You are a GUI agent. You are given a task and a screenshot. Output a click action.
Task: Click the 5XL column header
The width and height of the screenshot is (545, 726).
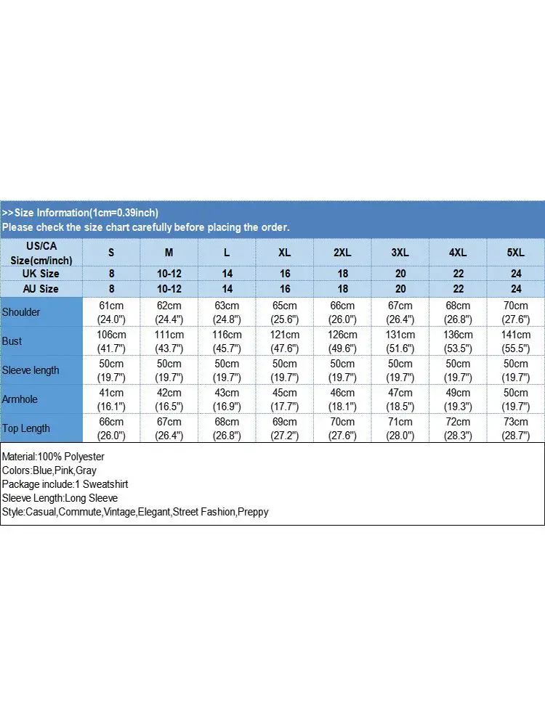click(x=515, y=253)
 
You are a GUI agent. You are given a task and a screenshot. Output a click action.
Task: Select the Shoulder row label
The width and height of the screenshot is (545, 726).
click(x=22, y=312)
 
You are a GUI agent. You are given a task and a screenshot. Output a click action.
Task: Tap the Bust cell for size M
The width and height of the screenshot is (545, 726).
click(x=169, y=341)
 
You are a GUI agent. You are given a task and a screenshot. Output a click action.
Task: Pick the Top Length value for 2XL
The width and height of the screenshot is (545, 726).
click(x=342, y=428)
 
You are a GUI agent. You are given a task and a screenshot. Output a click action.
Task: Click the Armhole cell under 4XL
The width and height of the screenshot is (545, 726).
click(x=458, y=399)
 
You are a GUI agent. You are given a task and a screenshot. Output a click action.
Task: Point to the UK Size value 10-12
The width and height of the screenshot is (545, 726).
click(x=169, y=274)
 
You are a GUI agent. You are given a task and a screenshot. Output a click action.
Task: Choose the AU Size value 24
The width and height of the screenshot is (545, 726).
click(x=515, y=289)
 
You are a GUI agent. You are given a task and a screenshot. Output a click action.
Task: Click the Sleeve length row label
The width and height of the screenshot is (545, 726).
click(x=31, y=370)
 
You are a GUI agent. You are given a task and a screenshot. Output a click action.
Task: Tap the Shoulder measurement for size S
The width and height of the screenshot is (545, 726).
click(x=112, y=312)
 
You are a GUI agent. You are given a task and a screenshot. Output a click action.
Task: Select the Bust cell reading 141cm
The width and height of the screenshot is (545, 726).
click(x=515, y=341)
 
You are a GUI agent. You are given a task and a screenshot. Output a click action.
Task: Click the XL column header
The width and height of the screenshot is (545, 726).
click(x=285, y=253)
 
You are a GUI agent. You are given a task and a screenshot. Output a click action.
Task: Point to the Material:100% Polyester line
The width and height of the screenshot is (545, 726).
click(x=54, y=457)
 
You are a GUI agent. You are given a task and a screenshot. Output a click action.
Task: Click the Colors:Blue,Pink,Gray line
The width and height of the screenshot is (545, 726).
click(x=49, y=470)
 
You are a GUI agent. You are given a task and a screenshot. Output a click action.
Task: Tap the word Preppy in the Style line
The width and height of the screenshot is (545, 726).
click(x=254, y=512)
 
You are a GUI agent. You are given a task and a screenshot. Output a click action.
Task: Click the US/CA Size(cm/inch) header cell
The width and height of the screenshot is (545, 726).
click(x=41, y=253)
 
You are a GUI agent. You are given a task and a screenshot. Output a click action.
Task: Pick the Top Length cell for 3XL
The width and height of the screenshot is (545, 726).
click(x=400, y=428)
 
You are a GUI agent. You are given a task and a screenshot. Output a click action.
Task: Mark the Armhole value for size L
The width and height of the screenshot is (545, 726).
click(x=227, y=399)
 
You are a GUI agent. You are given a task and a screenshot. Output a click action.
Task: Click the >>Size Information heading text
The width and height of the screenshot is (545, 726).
click(x=81, y=213)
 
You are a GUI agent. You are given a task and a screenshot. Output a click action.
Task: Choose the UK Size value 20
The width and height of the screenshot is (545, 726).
click(x=400, y=274)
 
